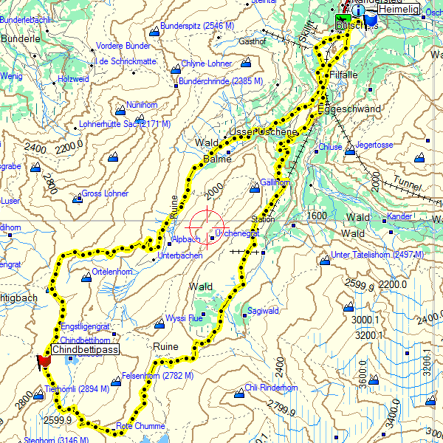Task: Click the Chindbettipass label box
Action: coord(86,349)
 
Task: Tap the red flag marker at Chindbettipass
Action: coord(44,360)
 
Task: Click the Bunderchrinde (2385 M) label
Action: coord(211,81)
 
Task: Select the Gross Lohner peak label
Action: coord(105,194)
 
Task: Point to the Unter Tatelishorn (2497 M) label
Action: coord(377,255)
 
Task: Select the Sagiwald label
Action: coord(264,311)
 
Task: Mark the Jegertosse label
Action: coord(374,145)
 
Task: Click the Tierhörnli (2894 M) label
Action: coord(77,388)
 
